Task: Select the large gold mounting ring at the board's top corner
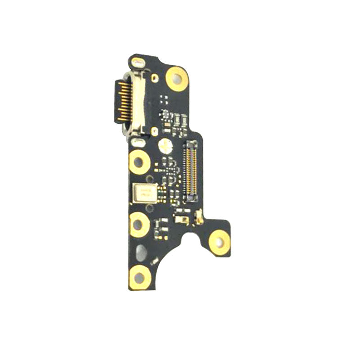pyautogui.click(x=176, y=77)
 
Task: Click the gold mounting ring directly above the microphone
pyautogui.click(x=139, y=161)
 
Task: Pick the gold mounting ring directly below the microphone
pyautogui.click(x=139, y=222)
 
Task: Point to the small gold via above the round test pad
pyautogui.click(x=155, y=131)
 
